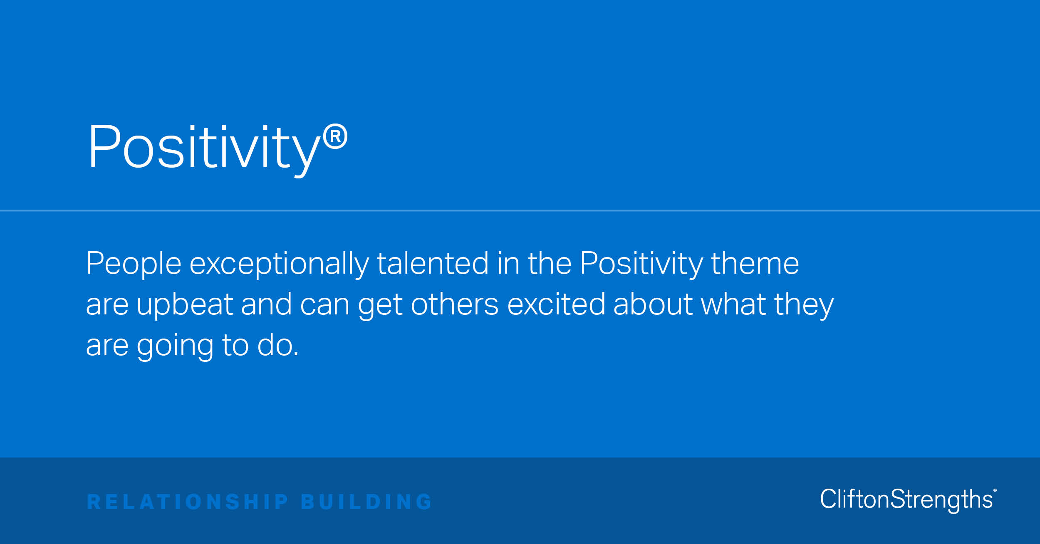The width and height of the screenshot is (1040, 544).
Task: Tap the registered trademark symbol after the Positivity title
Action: tap(335, 136)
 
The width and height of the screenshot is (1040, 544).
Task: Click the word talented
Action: tap(433, 263)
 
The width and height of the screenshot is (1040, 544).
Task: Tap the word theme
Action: tap(755, 263)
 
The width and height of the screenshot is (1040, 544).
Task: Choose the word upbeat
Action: tap(185, 305)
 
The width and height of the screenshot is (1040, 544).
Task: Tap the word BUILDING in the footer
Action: tap(366, 502)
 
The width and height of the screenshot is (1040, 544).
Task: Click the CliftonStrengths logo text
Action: tap(906, 500)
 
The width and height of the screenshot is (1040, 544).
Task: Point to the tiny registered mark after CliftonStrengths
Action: tap(995, 491)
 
